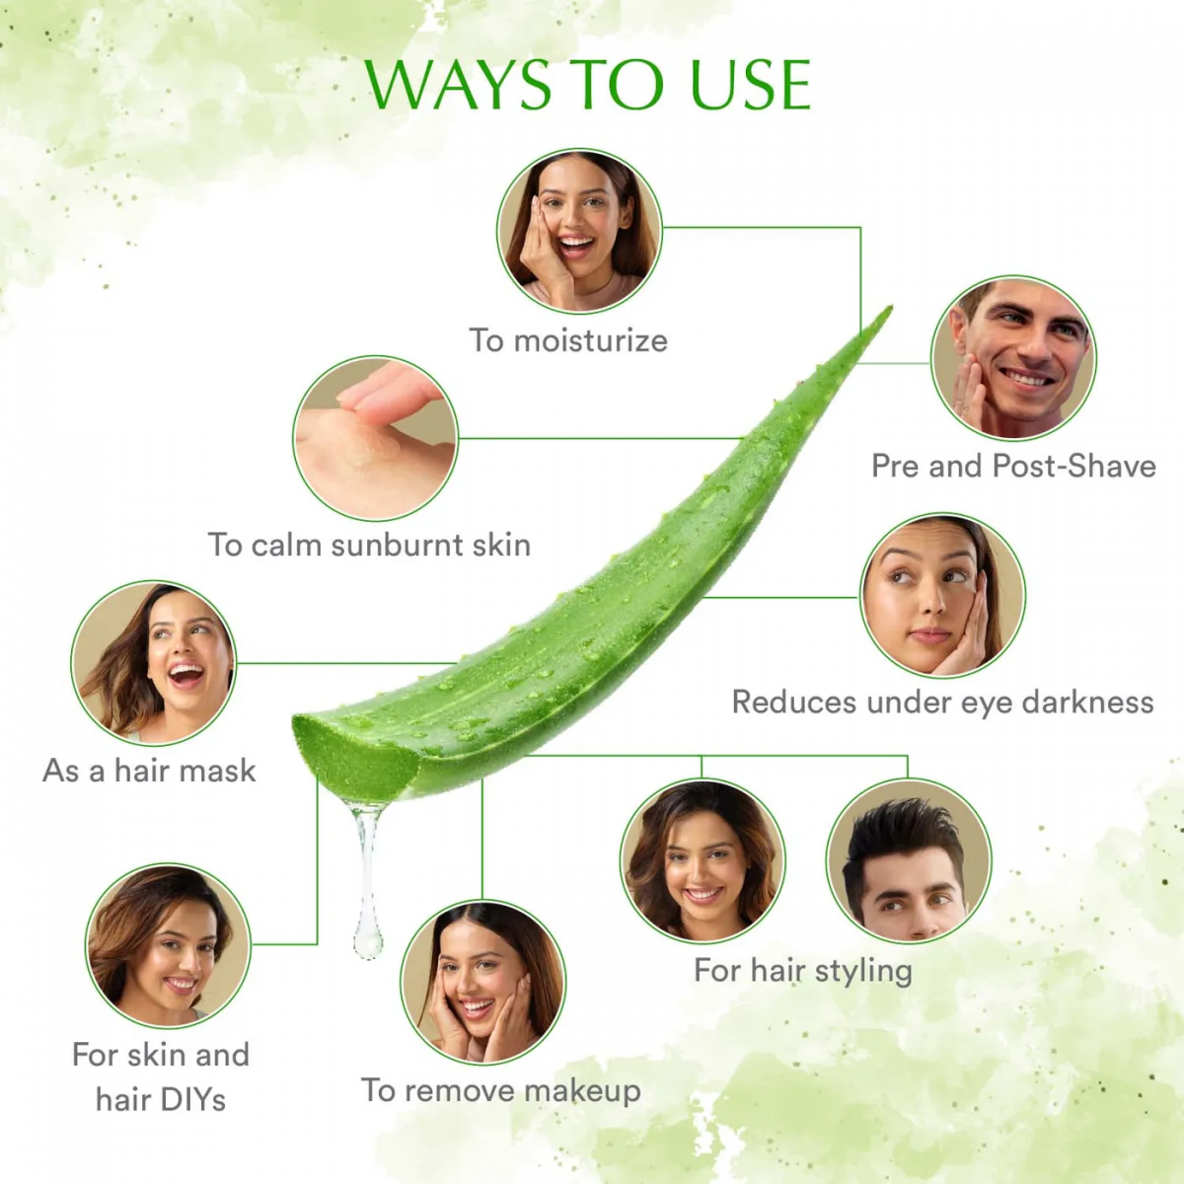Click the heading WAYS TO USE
pyautogui.click(x=588, y=85)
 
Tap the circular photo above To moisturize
pyautogui.click(x=579, y=232)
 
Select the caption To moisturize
pyautogui.click(x=568, y=341)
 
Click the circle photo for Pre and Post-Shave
pyautogui.click(x=1013, y=357)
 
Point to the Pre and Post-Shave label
pyautogui.click(x=1013, y=466)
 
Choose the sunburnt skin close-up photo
pyautogui.click(x=376, y=438)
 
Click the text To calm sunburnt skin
pyautogui.click(x=369, y=545)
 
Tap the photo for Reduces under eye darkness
pyautogui.click(x=942, y=595)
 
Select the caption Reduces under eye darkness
pyautogui.click(x=942, y=703)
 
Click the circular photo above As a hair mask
pyautogui.click(x=154, y=663)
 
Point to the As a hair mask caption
pyautogui.click(x=149, y=771)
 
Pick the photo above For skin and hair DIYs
pyautogui.click(x=169, y=946)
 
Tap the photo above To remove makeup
pyautogui.click(x=483, y=983)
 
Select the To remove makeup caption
pyautogui.click(x=501, y=1090)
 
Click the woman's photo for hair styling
pyautogui.click(x=703, y=860)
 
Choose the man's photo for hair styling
pyautogui.click(x=908, y=860)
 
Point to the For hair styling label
pyautogui.click(x=803, y=971)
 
